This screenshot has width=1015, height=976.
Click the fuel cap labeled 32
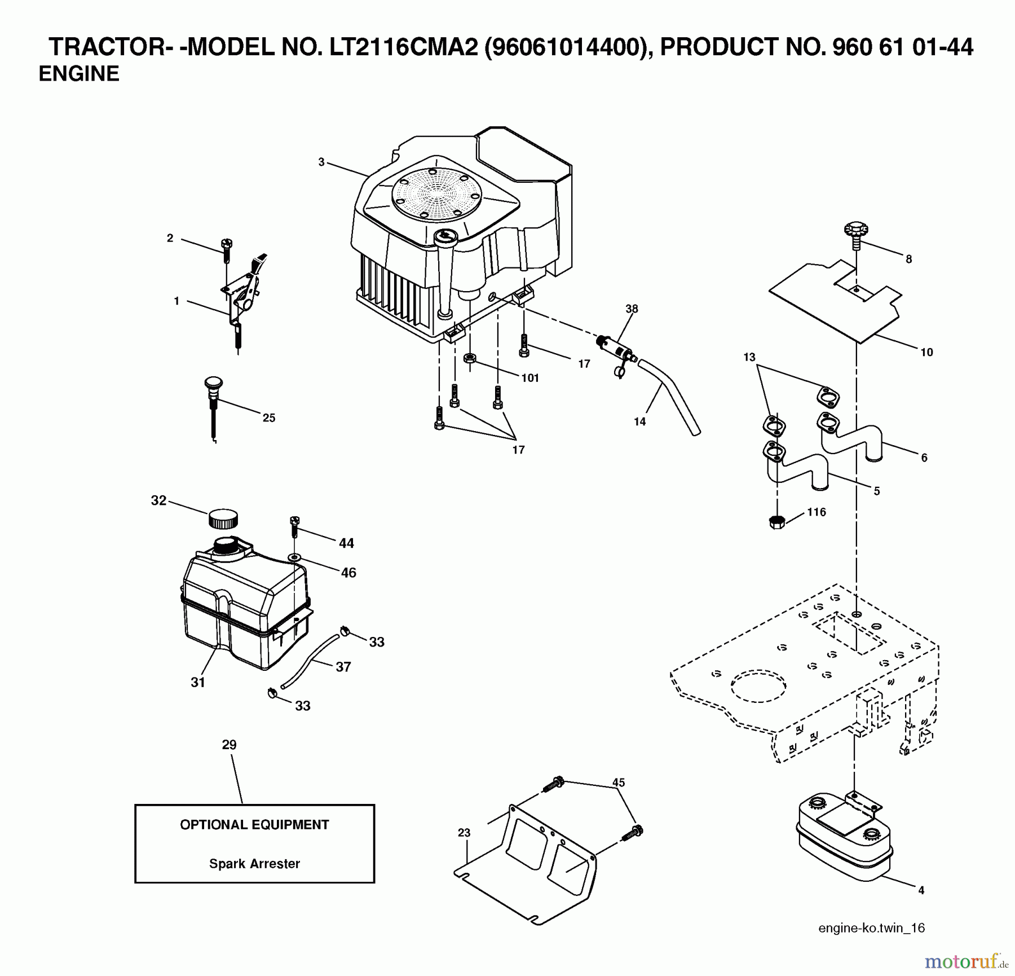(223, 518)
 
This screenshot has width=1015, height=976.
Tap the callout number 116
(816, 512)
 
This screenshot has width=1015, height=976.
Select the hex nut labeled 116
(777, 521)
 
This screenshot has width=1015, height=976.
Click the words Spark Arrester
(254, 863)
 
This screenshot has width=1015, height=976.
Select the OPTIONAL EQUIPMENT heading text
(254, 824)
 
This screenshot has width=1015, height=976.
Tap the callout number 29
(229, 745)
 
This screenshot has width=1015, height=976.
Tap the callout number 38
(632, 309)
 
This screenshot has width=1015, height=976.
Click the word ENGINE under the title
(79, 74)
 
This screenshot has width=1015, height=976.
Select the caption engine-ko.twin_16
(871, 928)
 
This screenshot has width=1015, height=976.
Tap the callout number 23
(464, 833)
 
